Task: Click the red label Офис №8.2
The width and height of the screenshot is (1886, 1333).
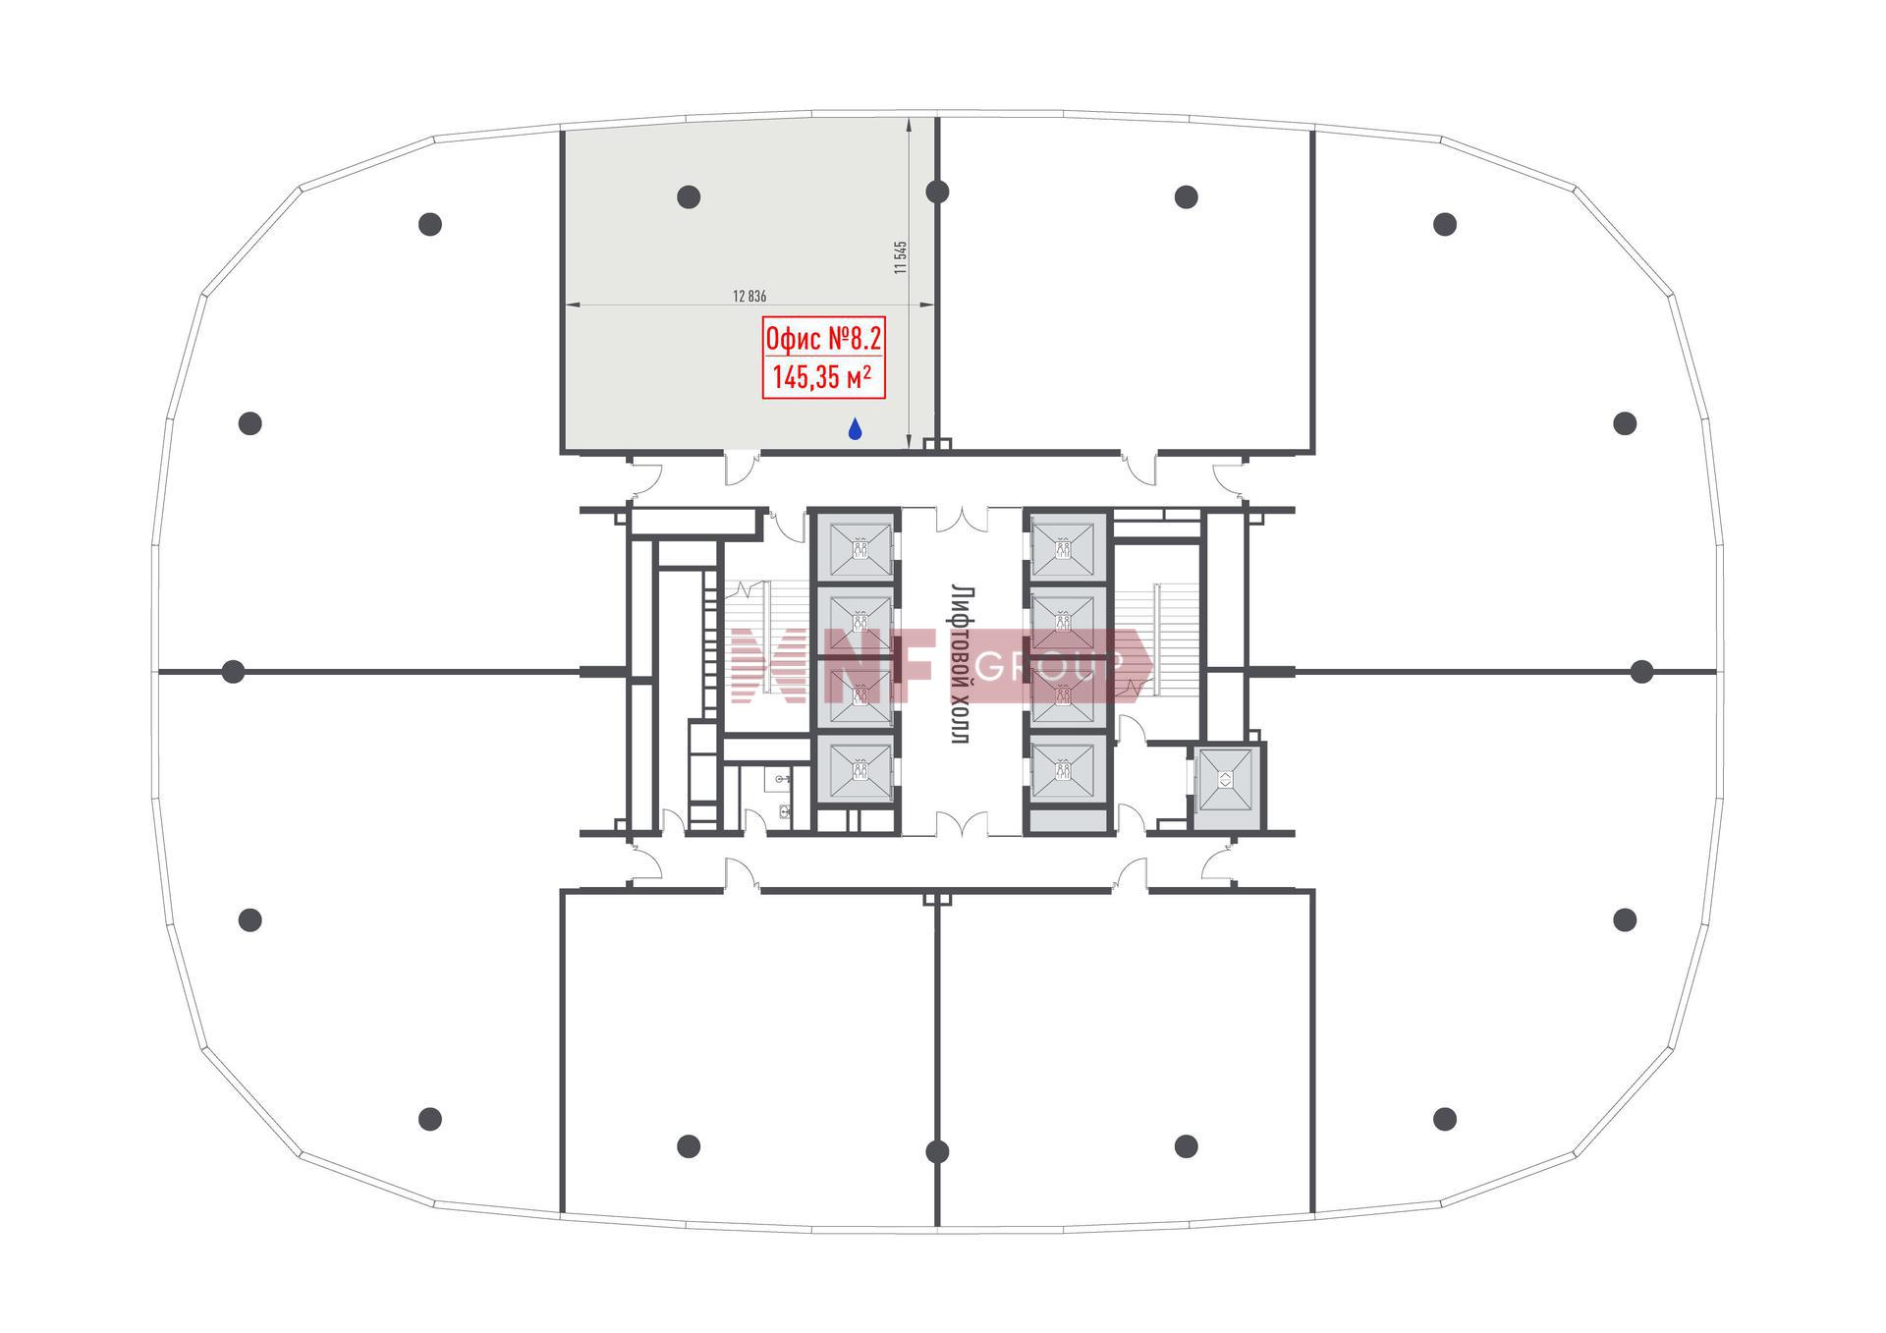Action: (x=824, y=340)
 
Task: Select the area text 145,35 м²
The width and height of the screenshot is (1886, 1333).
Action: (x=822, y=377)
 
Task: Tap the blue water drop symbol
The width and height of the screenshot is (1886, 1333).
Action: (x=855, y=428)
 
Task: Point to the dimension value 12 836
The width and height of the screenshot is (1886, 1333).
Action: (x=749, y=296)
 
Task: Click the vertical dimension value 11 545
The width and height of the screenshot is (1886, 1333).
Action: (x=901, y=257)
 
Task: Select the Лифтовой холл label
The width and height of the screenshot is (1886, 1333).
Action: (x=962, y=664)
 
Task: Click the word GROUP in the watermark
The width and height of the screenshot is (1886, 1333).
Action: (x=1049, y=667)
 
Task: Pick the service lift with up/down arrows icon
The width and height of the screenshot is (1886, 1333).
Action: (x=1225, y=780)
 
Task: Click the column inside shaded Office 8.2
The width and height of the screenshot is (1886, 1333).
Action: (x=689, y=196)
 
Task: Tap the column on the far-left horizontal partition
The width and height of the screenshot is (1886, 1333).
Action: (x=233, y=672)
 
